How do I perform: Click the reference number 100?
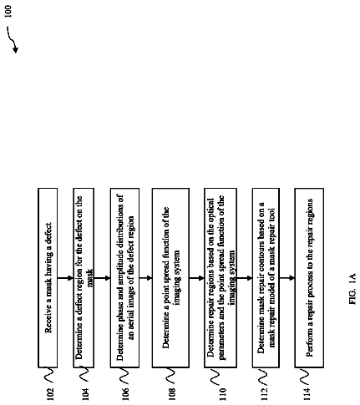(8, 11)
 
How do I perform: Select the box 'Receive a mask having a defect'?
(48, 278)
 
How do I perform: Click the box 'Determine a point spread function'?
(170, 278)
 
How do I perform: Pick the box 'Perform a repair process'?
(309, 278)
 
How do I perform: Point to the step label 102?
(49, 394)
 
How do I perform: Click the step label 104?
(86, 394)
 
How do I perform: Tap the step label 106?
(125, 394)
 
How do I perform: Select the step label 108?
(172, 394)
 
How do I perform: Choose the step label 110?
(222, 394)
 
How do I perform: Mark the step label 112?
(264, 394)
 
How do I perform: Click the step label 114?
(307, 394)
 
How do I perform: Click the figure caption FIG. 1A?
(352, 289)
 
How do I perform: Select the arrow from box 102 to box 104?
(65, 278)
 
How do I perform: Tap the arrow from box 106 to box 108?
(145, 278)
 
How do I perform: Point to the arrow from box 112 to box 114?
(287, 278)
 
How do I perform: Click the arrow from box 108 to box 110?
(197, 278)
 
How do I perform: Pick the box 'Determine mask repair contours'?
(266, 278)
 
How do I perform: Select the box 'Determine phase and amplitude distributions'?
(124, 278)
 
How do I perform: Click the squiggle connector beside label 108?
(170, 376)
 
